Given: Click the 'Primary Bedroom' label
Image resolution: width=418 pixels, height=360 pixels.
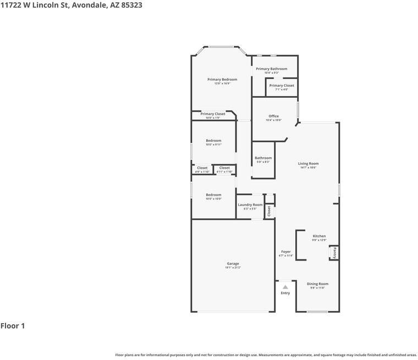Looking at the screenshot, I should tap(222, 80).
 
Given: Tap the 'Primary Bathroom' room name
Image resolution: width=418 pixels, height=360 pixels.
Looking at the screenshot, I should tap(271, 69).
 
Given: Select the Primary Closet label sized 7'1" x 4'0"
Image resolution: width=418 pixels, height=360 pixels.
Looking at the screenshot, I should tap(282, 86).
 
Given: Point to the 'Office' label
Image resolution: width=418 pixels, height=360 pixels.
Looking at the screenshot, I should tap(273, 116).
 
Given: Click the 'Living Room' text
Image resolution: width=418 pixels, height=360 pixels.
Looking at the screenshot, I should tap(308, 163).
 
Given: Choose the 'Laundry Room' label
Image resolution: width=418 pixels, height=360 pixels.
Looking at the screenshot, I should tap(250, 204).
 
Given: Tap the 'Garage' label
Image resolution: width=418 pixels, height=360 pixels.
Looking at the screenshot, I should tap(233, 263).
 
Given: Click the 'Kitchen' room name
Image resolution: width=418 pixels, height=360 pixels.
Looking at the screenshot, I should tap(319, 236).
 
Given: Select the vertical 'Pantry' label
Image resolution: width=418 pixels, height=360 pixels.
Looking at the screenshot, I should tap(334, 253).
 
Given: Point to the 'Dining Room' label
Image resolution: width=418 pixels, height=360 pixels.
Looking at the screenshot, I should tap(317, 284).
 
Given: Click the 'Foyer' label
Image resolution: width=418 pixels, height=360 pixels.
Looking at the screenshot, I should tap(285, 252).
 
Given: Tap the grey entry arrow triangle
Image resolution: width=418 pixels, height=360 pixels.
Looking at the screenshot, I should tap(285, 287).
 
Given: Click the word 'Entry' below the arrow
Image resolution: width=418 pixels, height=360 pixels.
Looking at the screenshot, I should tap(285, 293).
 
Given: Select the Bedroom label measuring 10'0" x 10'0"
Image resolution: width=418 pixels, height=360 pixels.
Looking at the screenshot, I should tap(213, 195).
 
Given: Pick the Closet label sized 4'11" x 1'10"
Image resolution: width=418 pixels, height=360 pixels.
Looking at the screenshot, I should tap(224, 168).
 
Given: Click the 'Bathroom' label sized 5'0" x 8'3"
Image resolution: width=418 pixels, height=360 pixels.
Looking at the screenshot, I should tap(263, 158).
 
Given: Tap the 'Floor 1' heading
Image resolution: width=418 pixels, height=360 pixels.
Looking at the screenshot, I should tap(13, 326).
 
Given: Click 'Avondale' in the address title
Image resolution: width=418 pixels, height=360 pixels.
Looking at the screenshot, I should tap(90, 5).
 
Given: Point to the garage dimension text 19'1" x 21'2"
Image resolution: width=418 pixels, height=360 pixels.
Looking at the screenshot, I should tap(233, 268).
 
